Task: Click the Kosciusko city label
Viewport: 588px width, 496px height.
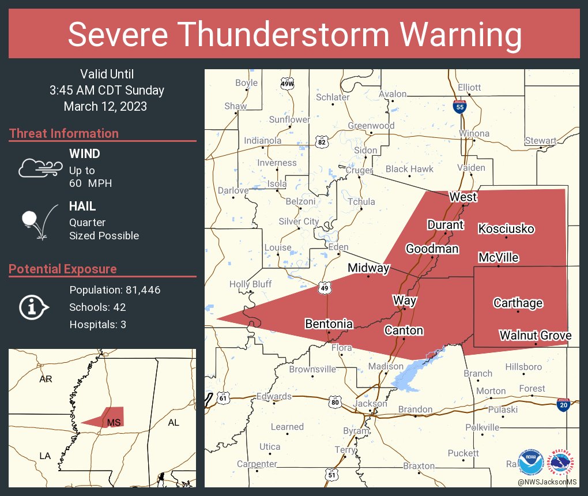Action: pos(506,229)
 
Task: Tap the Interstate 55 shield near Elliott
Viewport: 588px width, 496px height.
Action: pos(459,107)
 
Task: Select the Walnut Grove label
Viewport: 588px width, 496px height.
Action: pos(535,336)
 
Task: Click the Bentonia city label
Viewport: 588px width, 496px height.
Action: pos(329,324)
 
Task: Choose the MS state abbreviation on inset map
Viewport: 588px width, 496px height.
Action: pos(114,423)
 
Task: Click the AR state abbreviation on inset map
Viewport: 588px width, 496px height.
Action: pos(46,379)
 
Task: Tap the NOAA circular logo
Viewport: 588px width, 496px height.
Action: pos(530,463)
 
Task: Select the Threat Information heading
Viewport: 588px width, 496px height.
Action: pos(64,133)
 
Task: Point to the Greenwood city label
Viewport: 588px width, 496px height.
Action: pos(371,126)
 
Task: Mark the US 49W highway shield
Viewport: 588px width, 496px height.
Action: pos(287,84)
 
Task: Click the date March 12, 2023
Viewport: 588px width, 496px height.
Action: pos(105,106)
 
